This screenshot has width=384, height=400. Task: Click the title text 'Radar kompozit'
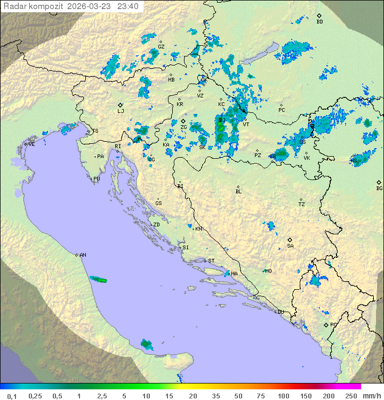tap(33, 6)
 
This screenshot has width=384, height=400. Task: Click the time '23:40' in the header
tap(129, 6)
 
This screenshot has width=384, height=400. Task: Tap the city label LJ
tap(121, 111)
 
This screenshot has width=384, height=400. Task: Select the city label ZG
tap(183, 127)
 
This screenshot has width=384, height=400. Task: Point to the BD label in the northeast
tap(319, 22)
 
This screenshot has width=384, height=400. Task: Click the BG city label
tap(379, 188)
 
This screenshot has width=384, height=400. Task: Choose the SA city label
tap(290, 246)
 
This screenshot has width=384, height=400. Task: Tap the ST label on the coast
tap(211, 261)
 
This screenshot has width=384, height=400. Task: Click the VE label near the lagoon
tap(31, 144)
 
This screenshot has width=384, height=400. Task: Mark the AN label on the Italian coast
tap(83, 255)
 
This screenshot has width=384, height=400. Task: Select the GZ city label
tap(161, 46)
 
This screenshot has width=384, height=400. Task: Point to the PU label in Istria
tap(97, 179)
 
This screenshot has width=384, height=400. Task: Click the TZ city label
tap(302, 204)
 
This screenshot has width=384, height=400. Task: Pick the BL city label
tap(238, 191)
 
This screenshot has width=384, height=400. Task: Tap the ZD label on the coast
tap(156, 225)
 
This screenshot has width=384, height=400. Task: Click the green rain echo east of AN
tap(99, 279)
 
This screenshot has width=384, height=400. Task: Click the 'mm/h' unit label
tap(372, 396)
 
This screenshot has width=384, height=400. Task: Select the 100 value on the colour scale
tap(283, 396)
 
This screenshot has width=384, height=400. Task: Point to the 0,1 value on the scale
tap(12, 396)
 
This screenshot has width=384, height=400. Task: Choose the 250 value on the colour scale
tap(350, 396)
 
